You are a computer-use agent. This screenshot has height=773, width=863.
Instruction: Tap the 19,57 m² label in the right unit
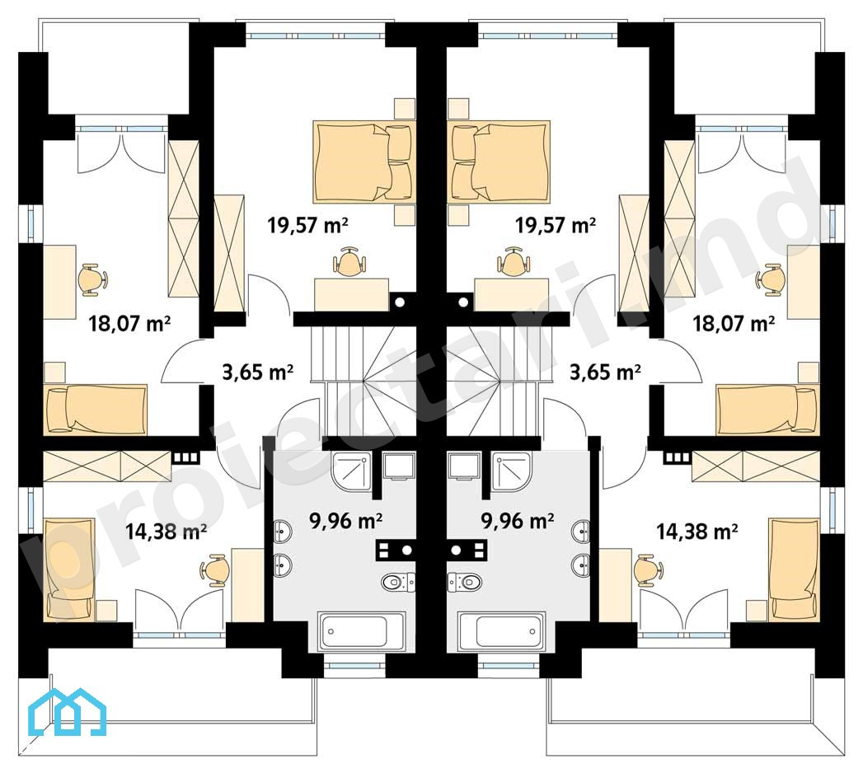[x=556, y=225]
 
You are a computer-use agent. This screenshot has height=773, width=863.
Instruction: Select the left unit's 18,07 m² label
[x=129, y=323]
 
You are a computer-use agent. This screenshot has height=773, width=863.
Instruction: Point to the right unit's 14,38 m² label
[x=696, y=532]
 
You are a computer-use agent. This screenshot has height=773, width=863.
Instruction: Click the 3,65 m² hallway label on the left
[x=257, y=372]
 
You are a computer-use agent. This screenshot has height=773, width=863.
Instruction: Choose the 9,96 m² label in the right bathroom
[x=518, y=521]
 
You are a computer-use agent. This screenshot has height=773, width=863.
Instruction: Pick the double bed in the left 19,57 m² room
[x=362, y=162]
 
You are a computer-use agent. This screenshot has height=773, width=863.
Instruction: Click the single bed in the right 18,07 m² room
[x=767, y=410]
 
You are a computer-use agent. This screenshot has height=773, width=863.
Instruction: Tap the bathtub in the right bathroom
[x=501, y=631]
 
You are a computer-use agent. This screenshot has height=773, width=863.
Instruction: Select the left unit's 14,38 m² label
[x=166, y=532]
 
